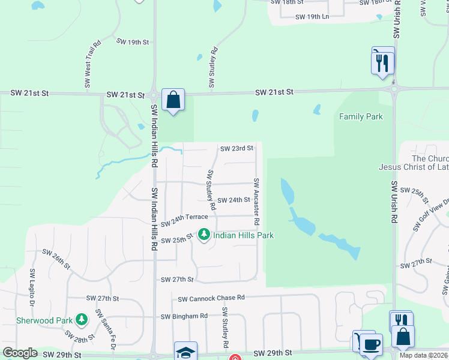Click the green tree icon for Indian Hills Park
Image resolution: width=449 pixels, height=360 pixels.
pyautogui.click(x=204, y=235)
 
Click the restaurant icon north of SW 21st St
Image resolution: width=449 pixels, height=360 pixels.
pyautogui.click(x=383, y=62)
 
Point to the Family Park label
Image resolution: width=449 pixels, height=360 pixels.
pyautogui.click(x=361, y=116)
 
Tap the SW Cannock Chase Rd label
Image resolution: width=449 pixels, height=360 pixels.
pyautogui.click(x=211, y=298)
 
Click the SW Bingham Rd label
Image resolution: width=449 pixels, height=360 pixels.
pyautogui.click(x=184, y=316)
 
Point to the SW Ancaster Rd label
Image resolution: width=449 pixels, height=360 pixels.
pyautogui.click(x=256, y=201)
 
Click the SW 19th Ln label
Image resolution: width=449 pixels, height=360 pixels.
pyautogui.click(x=312, y=16)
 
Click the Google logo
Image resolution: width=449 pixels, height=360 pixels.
pyautogui.click(x=20, y=353)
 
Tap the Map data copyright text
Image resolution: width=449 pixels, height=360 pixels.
pyautogui.click(x=424, y=355)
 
